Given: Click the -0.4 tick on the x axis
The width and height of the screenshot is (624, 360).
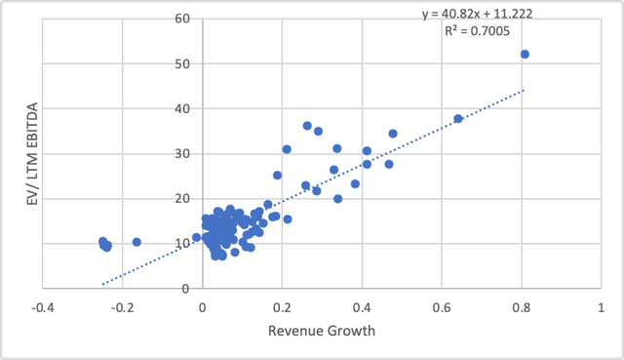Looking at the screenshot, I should coord(42,305).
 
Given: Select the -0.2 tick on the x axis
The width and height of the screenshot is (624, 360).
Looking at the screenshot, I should coord(122,305).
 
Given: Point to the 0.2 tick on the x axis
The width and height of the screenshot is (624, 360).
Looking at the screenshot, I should coord(282,305).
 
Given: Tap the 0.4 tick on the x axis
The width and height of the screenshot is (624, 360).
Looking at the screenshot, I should coord(362,305).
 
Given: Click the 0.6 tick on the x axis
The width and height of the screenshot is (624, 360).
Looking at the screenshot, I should coord(442,305).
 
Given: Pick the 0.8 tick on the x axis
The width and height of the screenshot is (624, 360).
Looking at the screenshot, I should coord(522,305).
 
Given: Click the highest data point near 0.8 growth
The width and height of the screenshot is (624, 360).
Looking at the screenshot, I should coord(525,55).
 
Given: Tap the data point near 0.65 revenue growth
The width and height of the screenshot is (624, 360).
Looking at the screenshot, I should coord(458,119).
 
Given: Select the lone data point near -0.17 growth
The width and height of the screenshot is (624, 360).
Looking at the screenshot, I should coord(136,242).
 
